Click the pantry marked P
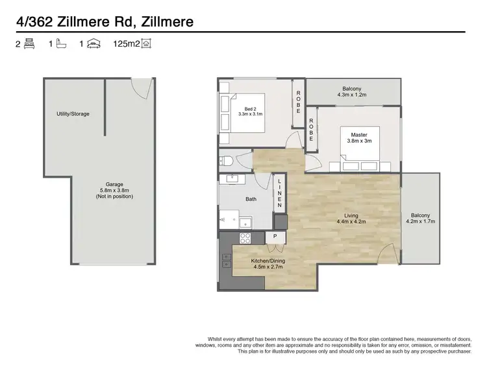pos(275,237)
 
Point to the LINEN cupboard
pos(279,193)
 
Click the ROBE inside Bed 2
pos(299,102)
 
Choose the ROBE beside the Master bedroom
pos(312,130)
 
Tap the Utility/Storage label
pos(72,113)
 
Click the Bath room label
pos(251,200)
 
